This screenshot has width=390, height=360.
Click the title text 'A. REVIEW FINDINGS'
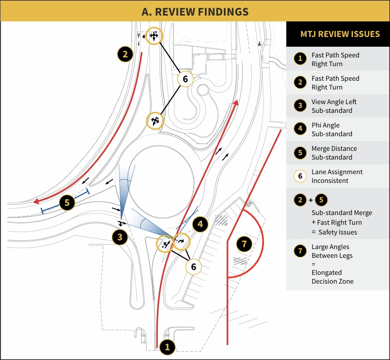(x=195, y=11)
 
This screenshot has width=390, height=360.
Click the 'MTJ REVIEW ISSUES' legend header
(x=340, y=34)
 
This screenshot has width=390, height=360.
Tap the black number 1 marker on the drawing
(x=167, y=347)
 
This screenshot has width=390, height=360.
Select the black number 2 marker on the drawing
(x=125, y=54)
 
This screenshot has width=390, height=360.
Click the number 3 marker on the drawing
(x=120, y=237)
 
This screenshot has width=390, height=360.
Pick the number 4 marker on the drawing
(x=201, y=224)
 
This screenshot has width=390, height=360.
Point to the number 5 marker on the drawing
(x=67, y=202)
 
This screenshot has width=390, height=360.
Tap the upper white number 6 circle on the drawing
(x=186, y=78)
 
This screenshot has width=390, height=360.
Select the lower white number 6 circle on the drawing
(x=194, y=267)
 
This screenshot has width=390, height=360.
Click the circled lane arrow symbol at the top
(x=154, y=36)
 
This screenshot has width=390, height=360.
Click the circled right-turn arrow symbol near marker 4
(x=182, y=241)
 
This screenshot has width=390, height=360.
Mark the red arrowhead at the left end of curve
(x=36, y=201)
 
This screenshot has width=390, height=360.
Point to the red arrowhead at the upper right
(x=236, y=103)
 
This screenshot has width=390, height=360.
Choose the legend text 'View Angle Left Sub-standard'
(x=334, y=106)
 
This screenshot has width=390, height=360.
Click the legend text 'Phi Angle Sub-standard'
(x=332, y=129)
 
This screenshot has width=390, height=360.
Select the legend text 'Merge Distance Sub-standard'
(x=334, y=153)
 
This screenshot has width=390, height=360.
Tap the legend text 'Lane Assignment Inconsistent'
(x=337, y=176)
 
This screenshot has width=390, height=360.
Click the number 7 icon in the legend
(x=300, y=252)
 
